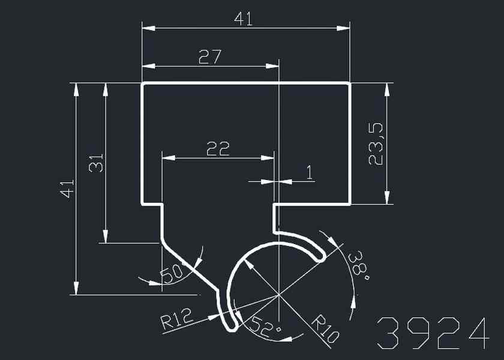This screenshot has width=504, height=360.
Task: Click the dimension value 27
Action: [210, 57]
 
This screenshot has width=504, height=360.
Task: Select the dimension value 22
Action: [218, 149]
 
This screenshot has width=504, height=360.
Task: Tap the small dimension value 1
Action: [309, 173]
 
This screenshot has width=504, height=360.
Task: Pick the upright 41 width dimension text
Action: [243, 19]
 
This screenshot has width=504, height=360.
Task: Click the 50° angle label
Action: [172, 274]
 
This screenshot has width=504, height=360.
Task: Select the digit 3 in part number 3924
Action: [389, 334]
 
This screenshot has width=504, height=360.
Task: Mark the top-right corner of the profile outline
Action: [350, 84]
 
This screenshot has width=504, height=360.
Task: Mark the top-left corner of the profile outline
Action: [142, 84]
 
